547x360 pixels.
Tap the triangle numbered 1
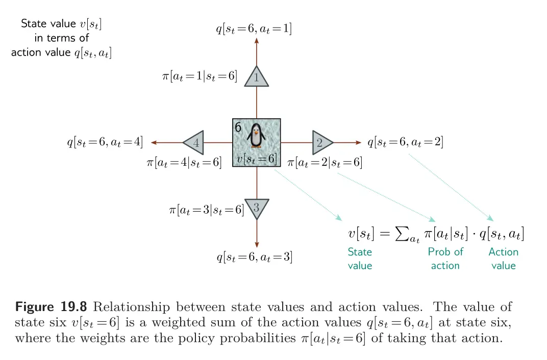256,76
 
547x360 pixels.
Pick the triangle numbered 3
257,209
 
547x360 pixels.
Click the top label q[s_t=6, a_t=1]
254,29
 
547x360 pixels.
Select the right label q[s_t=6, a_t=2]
405,142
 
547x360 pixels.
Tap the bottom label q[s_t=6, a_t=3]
255,257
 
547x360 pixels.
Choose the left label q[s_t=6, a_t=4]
105,142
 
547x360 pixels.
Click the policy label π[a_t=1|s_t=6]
200,76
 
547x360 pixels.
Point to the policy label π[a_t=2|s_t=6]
325,162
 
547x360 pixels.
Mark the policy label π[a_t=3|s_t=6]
207,210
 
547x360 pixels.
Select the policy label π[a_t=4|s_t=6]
184,162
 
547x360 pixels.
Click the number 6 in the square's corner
238,127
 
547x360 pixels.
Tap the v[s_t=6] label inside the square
256,159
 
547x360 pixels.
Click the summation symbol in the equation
402,233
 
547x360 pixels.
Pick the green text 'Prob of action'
445,259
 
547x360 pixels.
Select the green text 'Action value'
504,259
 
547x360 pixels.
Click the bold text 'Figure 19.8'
51,306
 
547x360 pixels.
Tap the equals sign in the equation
384,234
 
